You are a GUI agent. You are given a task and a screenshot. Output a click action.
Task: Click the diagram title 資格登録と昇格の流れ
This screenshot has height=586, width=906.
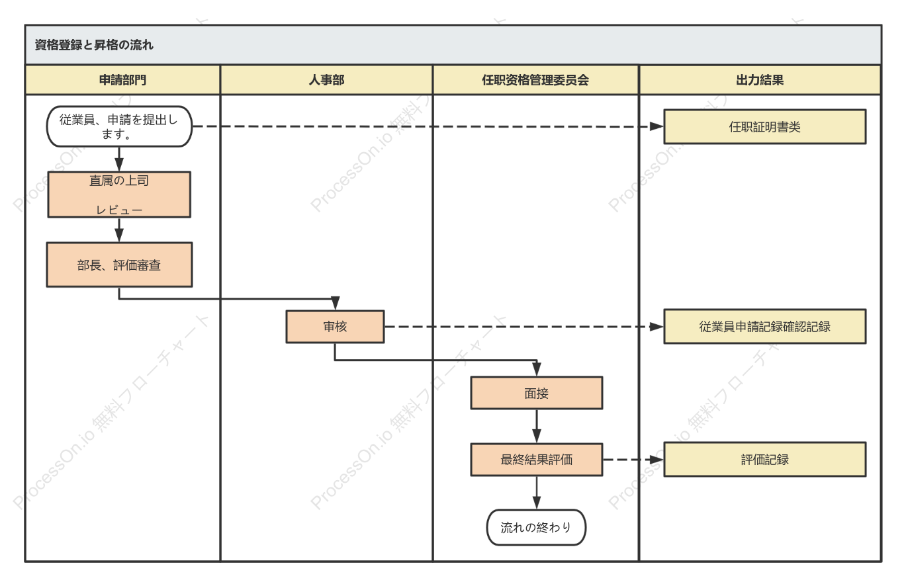pos(94,45)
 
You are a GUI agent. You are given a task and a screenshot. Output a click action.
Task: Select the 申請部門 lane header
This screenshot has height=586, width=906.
pos(122,80)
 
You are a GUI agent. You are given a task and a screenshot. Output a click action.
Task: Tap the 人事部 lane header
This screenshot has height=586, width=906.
pos(326,80)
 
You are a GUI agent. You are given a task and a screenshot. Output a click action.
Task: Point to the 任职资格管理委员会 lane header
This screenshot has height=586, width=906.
pos(535,80)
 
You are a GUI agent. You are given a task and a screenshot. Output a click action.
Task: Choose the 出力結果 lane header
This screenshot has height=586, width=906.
pos(760,80)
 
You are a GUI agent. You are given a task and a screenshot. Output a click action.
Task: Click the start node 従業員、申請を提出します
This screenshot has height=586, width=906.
pos(119,126)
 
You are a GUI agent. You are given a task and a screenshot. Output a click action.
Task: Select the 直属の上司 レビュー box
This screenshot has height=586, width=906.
pos(119,195)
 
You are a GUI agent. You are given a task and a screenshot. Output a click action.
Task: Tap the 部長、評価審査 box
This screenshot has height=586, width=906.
pos(119,265)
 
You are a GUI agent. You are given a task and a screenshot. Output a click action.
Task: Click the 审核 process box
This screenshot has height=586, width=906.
pos(336,327)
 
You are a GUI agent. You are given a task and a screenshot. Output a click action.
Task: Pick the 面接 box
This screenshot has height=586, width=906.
pos(537,394)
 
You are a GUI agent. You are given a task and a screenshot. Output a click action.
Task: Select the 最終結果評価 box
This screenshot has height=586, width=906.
pos(537,460)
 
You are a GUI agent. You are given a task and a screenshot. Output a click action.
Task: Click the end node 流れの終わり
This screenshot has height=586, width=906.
pos(536,527)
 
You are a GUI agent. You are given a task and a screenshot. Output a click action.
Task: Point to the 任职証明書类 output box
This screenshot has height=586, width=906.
pos(765,127)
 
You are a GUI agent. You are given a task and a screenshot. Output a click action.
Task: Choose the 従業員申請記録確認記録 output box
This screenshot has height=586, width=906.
pos(765,327)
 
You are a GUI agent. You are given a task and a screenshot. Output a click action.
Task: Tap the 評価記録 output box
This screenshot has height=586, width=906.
pos(765,460)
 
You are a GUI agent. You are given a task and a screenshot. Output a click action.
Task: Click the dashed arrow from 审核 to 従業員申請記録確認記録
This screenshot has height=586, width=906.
pos(524,327)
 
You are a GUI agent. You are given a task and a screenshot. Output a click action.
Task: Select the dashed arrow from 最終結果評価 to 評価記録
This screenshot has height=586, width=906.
pos(633,460)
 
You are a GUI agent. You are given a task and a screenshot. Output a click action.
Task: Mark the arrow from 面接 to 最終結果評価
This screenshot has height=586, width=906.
pos(537,427)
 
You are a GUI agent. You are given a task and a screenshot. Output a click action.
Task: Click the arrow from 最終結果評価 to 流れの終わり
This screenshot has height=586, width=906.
pos(537,493)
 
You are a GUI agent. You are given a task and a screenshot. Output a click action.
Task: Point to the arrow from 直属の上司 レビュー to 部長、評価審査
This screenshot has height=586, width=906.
pos(119,230)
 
